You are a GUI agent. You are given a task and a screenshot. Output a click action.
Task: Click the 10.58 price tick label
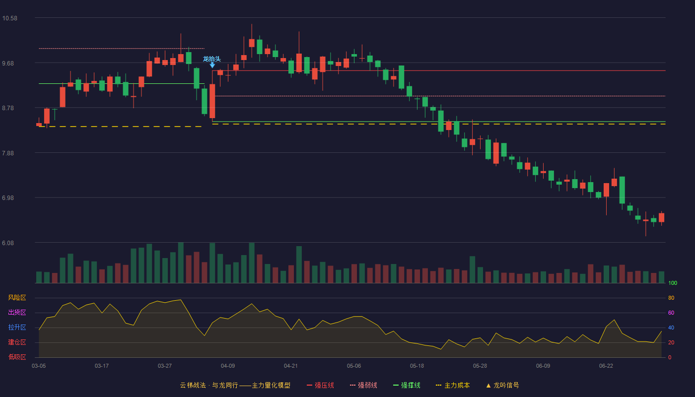pyautogui.click(x=9, y=18)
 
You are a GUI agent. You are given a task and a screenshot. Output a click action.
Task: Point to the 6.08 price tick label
pyautogui.click(x=8, y=243)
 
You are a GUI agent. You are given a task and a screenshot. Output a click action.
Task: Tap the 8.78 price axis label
pyautogui.click(x=8, y=108)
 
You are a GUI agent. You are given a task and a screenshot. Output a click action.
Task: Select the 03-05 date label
pyautogui.click(x=39, y=366)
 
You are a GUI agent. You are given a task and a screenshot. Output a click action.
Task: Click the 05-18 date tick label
pyautogui.click(x=417, y=366)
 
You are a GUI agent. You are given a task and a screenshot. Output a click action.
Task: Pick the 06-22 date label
pyautogui.click(x=606, y=366)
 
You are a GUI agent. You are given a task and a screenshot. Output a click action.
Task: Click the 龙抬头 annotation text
pyautogui.click(x=212, y=59)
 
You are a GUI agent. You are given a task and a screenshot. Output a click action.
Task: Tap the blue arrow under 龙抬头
pyautogui.click(x=212, y=65)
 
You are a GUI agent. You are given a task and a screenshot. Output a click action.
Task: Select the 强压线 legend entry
pyautogui.click(x=321, y=385)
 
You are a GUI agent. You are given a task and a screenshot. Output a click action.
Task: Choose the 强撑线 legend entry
pyautogui.click(x=407, y=385)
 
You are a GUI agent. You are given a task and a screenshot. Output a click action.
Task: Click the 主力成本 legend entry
pyautogui.click(x=453, y=385)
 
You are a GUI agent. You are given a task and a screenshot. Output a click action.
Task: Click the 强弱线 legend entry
pyautogui.click(x=363, y=385)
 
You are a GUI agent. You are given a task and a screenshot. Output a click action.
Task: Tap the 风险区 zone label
pyautogui.click(x=17, y=298)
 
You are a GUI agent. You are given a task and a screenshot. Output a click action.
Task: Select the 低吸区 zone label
pyautogui.click(x=17, y=357)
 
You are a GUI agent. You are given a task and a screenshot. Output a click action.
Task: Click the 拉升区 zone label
pyautogui.click(x=17, y=328)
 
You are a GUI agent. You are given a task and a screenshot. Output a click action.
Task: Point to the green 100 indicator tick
pyautogui.click(x=673, y=283)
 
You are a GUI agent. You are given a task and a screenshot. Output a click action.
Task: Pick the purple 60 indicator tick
pyautogui.click(x=671, y=313)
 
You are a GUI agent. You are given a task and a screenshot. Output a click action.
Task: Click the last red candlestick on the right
pyautogui.click(x=661, y=217)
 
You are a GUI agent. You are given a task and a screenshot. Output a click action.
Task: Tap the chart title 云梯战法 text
pyautogui.click(x=193, y=385)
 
